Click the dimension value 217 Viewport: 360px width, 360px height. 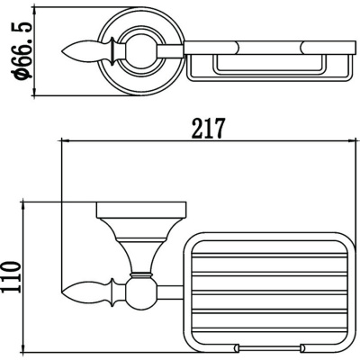(208, 129)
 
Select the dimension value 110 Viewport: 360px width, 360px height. (11, 276)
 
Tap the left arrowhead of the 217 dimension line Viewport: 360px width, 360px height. (66, 140)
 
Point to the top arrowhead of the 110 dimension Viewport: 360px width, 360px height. (23, 206)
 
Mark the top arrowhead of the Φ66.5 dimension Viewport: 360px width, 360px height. (34, 11)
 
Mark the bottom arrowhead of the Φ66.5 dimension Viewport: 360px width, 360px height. (34, 92)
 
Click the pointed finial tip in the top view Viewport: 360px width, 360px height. (62, 51)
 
